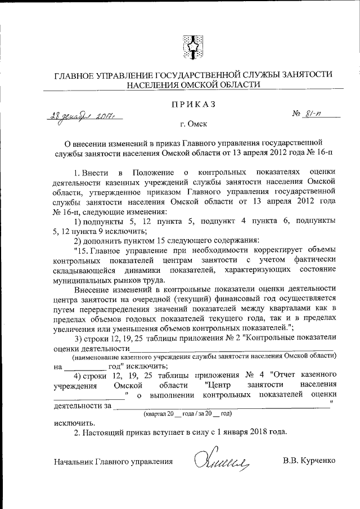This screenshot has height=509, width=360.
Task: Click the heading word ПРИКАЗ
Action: click(193, 105)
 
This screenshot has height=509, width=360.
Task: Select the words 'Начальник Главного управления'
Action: click(113, 461)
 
